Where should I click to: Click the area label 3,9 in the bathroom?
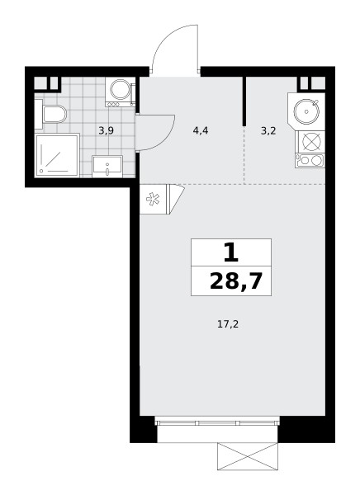tap(106, 130)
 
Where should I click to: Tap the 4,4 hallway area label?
tap(201, 130)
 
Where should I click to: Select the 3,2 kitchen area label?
tap(268, 130)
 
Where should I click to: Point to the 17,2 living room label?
tap(228, 324)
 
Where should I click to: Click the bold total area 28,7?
tap(236, 281)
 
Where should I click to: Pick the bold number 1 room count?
tap(231, 252)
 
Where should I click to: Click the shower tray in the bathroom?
tap(57, 155)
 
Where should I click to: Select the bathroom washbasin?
tap(107, 166)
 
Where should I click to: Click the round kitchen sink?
tap(306, 111)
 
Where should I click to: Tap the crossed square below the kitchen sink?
tap(310, 141)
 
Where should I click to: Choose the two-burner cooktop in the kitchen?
tap(310, 160)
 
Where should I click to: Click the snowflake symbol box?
tap(154, 199)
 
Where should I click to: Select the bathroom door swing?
tap(156, 133)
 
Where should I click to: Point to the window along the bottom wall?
tap(218, 422)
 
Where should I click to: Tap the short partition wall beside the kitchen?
tap(244, 101)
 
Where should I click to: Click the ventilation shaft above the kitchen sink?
tap(312, 83)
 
